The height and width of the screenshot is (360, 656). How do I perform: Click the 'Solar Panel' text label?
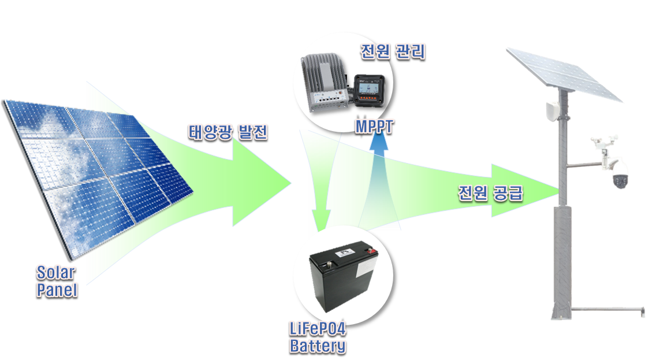pyautogui.click(x=57, y=280)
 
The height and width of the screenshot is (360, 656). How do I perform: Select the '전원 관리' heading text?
pyautogui.click(x=392, y=51)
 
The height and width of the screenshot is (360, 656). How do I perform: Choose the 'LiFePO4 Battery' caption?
pyautogui.click(x=318, y=337)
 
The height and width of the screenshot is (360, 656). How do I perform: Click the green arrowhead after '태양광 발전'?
pyautogui.click(x=260, y=184)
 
